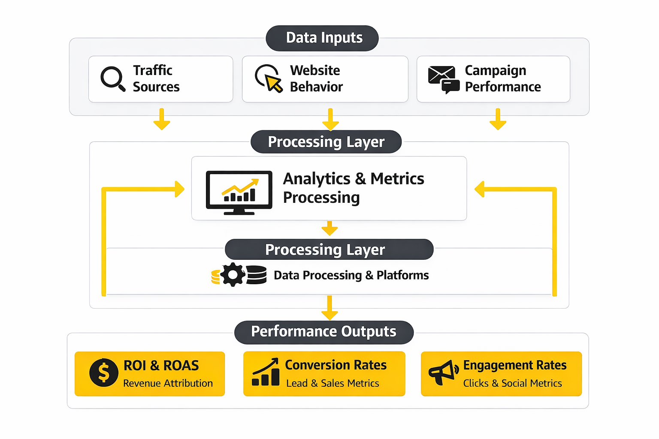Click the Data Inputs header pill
click(x=322, y=38)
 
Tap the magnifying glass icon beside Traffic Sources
click(x=112, y=78)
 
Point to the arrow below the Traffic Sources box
click(x=162, y=120)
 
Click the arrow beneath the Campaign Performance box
click(x=498, y=120)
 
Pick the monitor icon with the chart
click(x=239, y=192)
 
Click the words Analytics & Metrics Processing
click(x=353, y=188)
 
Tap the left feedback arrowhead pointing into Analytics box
click(x=179, y=189)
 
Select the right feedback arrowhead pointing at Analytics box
click(x=480, y=189)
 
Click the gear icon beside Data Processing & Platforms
click(x=233, y=275)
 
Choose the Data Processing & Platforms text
click(x=351, y=275)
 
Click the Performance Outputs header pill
click(x=324, y=332)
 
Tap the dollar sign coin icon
click(x=104, y=373)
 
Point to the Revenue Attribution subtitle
click(x=168, y=383)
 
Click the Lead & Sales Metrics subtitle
click(x=333, y=383)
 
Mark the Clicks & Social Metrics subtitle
click(x=512, y=383)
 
